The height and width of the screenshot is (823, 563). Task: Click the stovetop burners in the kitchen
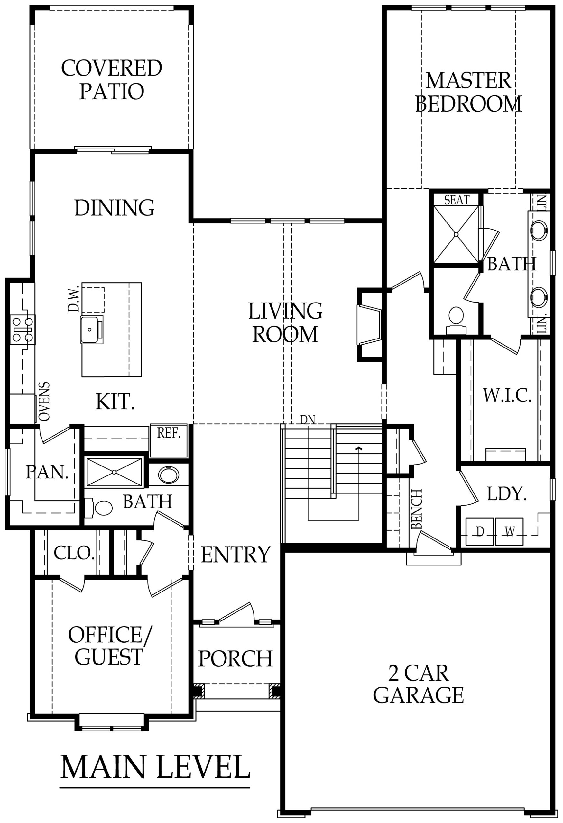point(22,329)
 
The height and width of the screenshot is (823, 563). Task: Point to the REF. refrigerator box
point(169,440)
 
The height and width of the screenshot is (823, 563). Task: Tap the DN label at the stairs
point(308,420)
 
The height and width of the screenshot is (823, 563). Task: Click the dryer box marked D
point(479,531)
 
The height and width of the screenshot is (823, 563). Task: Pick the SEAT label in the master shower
point(457,200)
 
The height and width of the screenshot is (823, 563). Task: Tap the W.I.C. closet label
point(507,395)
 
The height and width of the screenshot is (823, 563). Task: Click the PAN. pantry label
point(47,472)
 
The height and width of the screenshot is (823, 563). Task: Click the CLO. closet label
point(74,552)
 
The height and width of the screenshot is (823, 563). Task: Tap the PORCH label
point(235,659)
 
